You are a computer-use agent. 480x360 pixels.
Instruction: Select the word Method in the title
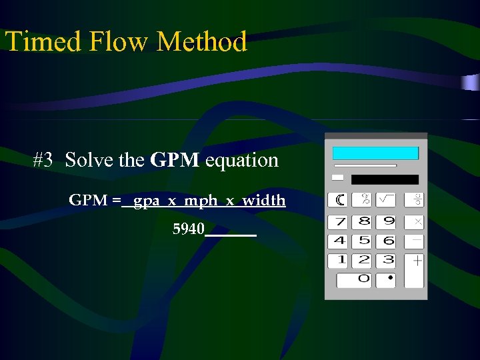202,41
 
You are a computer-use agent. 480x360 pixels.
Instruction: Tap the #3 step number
43,160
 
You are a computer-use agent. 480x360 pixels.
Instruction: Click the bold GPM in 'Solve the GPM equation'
175,160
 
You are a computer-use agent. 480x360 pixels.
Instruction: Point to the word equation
242,161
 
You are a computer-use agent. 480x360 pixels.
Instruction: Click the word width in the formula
264,200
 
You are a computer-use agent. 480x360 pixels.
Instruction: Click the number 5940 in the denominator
189,230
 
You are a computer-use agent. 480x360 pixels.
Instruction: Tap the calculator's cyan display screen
375,153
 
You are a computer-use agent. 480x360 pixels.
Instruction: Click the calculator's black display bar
385,179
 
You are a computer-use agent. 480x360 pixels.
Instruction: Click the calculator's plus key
415,261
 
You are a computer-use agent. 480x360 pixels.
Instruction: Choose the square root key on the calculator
385,199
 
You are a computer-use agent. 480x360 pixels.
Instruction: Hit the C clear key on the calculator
340,199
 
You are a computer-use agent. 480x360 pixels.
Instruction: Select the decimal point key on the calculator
389,279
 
